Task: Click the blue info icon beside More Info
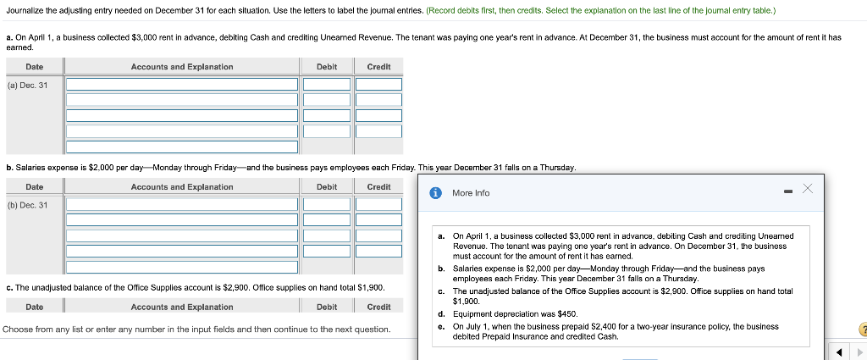tap(436, 193)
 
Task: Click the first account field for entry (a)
tap(182, 85)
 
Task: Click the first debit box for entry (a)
tap(327, 85)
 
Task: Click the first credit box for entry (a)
tap(378, 85)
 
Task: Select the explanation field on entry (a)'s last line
tap(182, 131)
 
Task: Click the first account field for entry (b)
tap(182, 204)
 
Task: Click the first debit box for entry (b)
tap(327, 204)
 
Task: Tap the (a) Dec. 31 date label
tap(28, 85)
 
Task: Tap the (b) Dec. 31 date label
tap(28, 205)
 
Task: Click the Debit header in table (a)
tap(327, 67)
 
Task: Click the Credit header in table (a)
tap(378, 67)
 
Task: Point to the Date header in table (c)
tap(35, 307)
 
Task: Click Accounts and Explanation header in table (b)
tap(182, 187)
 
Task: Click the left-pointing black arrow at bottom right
tap(842, 352)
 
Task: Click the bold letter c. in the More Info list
tap(442, 291)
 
